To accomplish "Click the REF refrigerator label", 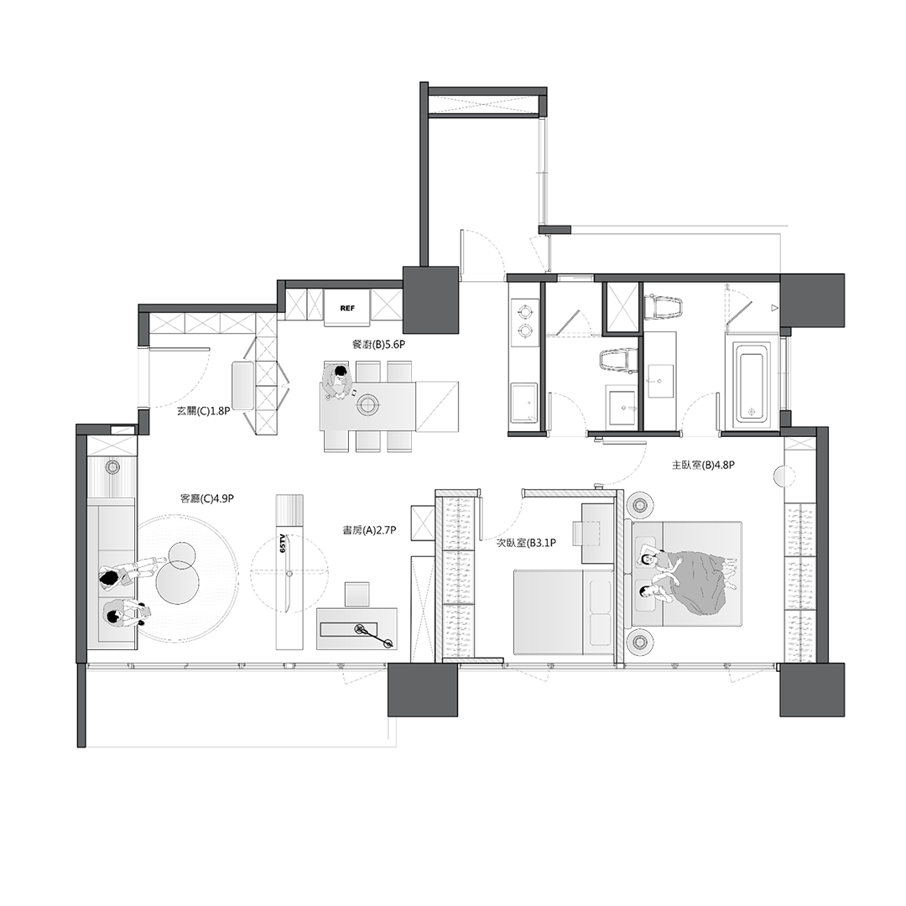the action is click(x=347, y=308).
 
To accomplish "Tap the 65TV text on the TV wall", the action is click(x=283, y=544).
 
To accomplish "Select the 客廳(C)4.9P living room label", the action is click(x=207, y=498).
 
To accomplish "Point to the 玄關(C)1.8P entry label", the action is click(x=203, y=412).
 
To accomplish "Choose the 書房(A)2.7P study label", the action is click(x=369, y=529).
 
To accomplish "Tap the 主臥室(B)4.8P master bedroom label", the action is click(x=703, y=465).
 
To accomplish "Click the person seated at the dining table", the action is click(x=338, y=381).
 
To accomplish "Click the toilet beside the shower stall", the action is click(x=663, y=307).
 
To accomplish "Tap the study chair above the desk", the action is click(x=357, y=594).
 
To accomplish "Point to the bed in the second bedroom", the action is click(x=564, y=612).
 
